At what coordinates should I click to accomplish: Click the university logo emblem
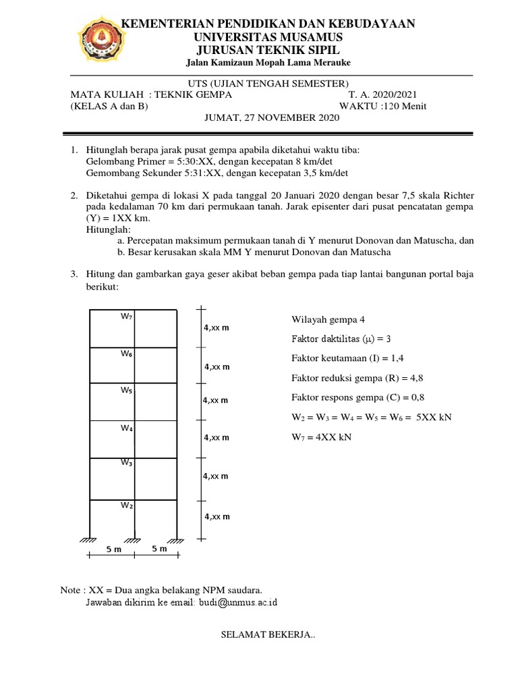pos(99,39)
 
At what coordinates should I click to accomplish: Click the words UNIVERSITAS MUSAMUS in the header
pos(268,36)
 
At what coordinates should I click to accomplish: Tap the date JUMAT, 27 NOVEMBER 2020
pos(272,118)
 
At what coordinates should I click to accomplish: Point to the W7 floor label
pos(127,316)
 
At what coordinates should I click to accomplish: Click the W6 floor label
pos(127,354)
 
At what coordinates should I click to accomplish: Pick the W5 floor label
pos(127,391)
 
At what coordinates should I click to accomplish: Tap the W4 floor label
pos(127,428)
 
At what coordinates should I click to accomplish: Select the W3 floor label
pos(127,463)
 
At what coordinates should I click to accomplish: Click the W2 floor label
pos(127,505)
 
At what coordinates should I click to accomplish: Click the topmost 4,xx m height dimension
pos(217,328)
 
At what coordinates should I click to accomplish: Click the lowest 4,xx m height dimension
pos(217,517)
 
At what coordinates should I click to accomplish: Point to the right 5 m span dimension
pos(159,549)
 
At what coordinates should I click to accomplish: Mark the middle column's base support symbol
pos(134,540)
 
